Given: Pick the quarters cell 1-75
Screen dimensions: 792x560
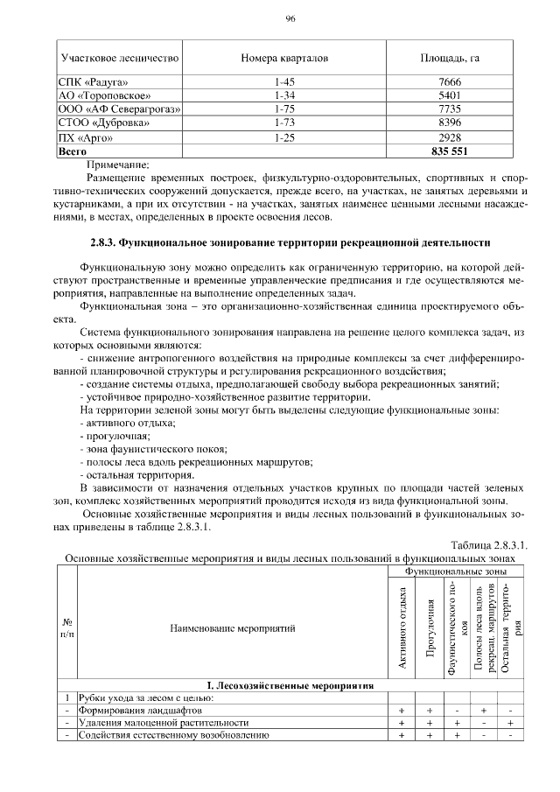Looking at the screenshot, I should pyautogui.click(x=282, y=109).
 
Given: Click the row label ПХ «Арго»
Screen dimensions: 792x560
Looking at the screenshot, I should pyautogui.click(x=85, y=137).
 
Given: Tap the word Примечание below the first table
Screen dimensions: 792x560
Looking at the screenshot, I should pyautogui.click(x=119, y=163).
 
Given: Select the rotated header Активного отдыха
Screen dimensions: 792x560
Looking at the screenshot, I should pyautogui.click(x=403, y=627).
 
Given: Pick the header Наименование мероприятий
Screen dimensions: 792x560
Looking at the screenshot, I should pyautogui.click(x=232, y=627).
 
